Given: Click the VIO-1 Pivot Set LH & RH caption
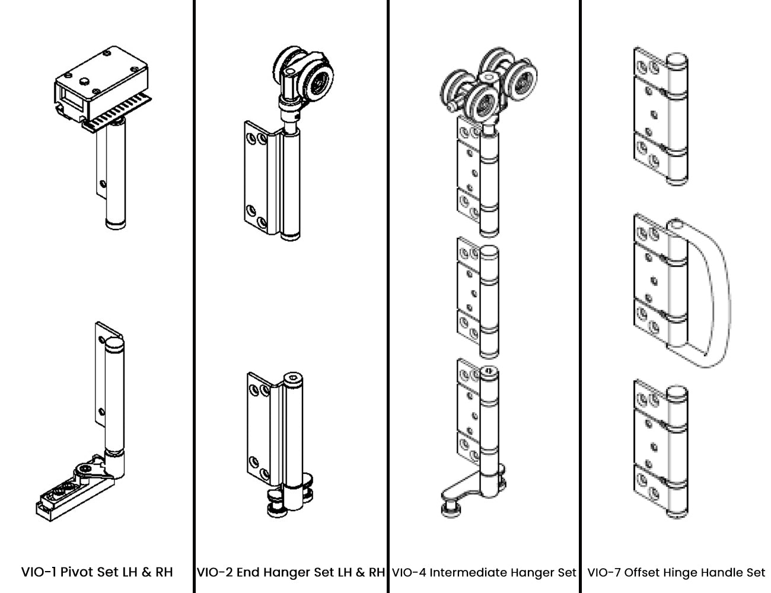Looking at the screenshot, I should tap(97, 572).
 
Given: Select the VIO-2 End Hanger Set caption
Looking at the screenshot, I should tap(291, 572).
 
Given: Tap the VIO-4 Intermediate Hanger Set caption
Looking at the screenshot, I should tap(484, 572).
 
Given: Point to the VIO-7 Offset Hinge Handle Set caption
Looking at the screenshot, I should tap(676, 572).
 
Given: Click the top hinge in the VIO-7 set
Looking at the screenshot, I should tap(660, 116).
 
